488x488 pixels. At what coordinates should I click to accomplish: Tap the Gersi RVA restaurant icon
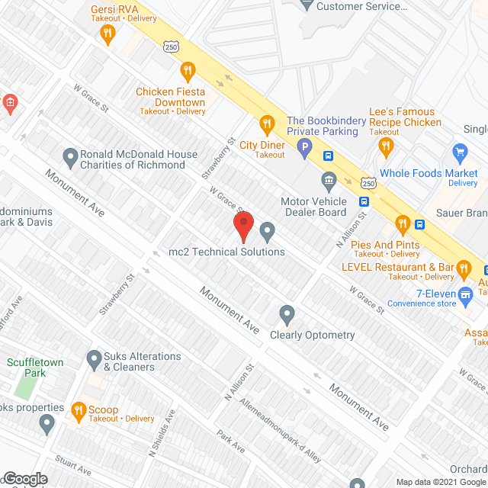(108, 33)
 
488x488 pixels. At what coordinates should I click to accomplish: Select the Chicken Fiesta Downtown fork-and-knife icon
(187, 72)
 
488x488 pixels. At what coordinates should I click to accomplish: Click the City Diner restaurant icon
(266, 123)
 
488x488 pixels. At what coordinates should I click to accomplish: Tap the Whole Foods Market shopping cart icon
(459, 152)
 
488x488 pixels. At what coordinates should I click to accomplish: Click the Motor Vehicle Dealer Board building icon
(329, 180)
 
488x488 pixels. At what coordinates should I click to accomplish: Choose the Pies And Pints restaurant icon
(402, 223)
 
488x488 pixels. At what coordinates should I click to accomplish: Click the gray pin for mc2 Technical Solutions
(267, 230)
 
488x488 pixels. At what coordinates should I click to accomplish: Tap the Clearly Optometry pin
(287, 313)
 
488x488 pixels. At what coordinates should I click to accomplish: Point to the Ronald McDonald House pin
(71, 158)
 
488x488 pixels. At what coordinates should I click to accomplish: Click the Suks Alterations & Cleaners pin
(94, 358)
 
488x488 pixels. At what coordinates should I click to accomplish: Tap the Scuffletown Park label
(27, 368)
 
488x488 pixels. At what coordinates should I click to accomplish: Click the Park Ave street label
(230, 441)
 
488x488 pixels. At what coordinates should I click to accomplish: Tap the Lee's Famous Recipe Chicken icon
(388, 146)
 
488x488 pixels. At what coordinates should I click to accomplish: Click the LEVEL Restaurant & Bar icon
(462, 268)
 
